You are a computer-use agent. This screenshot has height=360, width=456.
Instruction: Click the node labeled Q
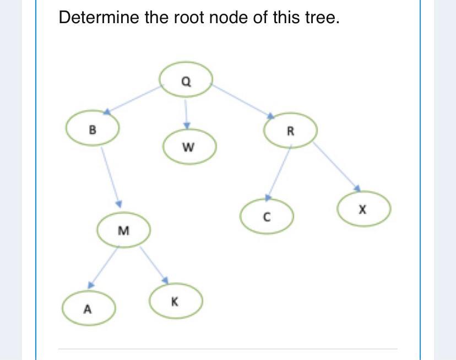pos(186,80)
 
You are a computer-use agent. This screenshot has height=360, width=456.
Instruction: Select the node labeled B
pos(92,130)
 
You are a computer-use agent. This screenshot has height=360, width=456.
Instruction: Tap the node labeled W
pos(189,147)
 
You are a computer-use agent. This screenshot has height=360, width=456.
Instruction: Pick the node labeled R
pos(290,131)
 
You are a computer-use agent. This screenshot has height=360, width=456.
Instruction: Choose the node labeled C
pos(266,217)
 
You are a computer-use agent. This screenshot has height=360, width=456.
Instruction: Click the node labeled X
pos(363,209)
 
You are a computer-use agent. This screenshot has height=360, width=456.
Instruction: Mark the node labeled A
pos(88,309)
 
